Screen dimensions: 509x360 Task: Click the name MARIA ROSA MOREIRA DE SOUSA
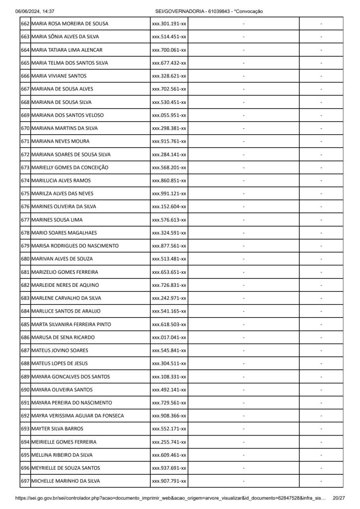click(x=70, y=24)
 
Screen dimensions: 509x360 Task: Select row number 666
click(x=25, y=76)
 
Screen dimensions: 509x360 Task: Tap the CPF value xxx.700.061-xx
click(x=169, y=50)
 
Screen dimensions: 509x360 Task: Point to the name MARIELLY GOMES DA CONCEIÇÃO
click(x=70, y=168)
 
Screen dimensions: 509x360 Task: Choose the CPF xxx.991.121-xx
click(x=169, y=193)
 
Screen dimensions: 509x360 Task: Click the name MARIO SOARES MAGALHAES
click(x=64, y=233)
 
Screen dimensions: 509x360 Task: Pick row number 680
click(x=25, y=259)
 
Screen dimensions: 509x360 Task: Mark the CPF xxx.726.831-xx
click(x=169, y=285)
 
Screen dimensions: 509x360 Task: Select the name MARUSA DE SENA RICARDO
click(x=63, y=338)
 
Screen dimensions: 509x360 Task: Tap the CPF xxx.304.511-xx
click(x=169, y=363)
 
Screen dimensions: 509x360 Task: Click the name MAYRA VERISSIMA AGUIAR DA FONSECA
click(x=78, y=416)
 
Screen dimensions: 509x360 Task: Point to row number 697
click(x=25, y=481)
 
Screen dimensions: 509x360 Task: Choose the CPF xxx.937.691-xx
click(x=169, y=468)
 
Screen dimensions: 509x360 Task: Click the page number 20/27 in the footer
click(x=339, y=498)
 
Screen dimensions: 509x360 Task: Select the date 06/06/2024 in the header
click(x=28, y=11)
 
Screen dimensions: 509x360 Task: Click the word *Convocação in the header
click(x=248, y=11)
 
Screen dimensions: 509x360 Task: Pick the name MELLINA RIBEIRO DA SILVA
click(x=64, y=455)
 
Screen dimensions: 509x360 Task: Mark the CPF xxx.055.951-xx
click(x=169, y=115)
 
